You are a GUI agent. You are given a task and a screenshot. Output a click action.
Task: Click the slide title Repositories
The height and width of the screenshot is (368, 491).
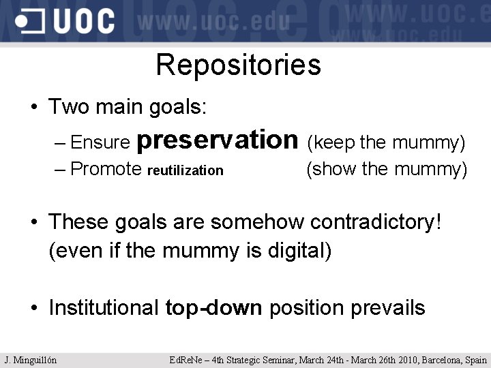[238, 65]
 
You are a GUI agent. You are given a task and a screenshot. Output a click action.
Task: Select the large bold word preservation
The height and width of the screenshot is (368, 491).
[218, 140]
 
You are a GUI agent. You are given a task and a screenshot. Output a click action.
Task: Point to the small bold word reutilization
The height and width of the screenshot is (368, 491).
[185, 170]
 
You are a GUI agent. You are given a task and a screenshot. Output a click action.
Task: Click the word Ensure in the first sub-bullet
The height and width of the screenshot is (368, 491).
[100, 142]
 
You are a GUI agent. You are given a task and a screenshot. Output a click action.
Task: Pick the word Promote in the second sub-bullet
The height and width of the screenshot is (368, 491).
[106, 169]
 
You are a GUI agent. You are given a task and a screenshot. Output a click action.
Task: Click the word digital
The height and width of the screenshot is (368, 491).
[303, 251]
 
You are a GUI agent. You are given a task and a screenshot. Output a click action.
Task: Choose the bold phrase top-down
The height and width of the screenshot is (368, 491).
[213, 308]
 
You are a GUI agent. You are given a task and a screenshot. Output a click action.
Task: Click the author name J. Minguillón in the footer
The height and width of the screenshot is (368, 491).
[31, 360]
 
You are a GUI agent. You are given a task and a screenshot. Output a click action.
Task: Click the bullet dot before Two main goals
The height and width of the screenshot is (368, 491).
[33, 108]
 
